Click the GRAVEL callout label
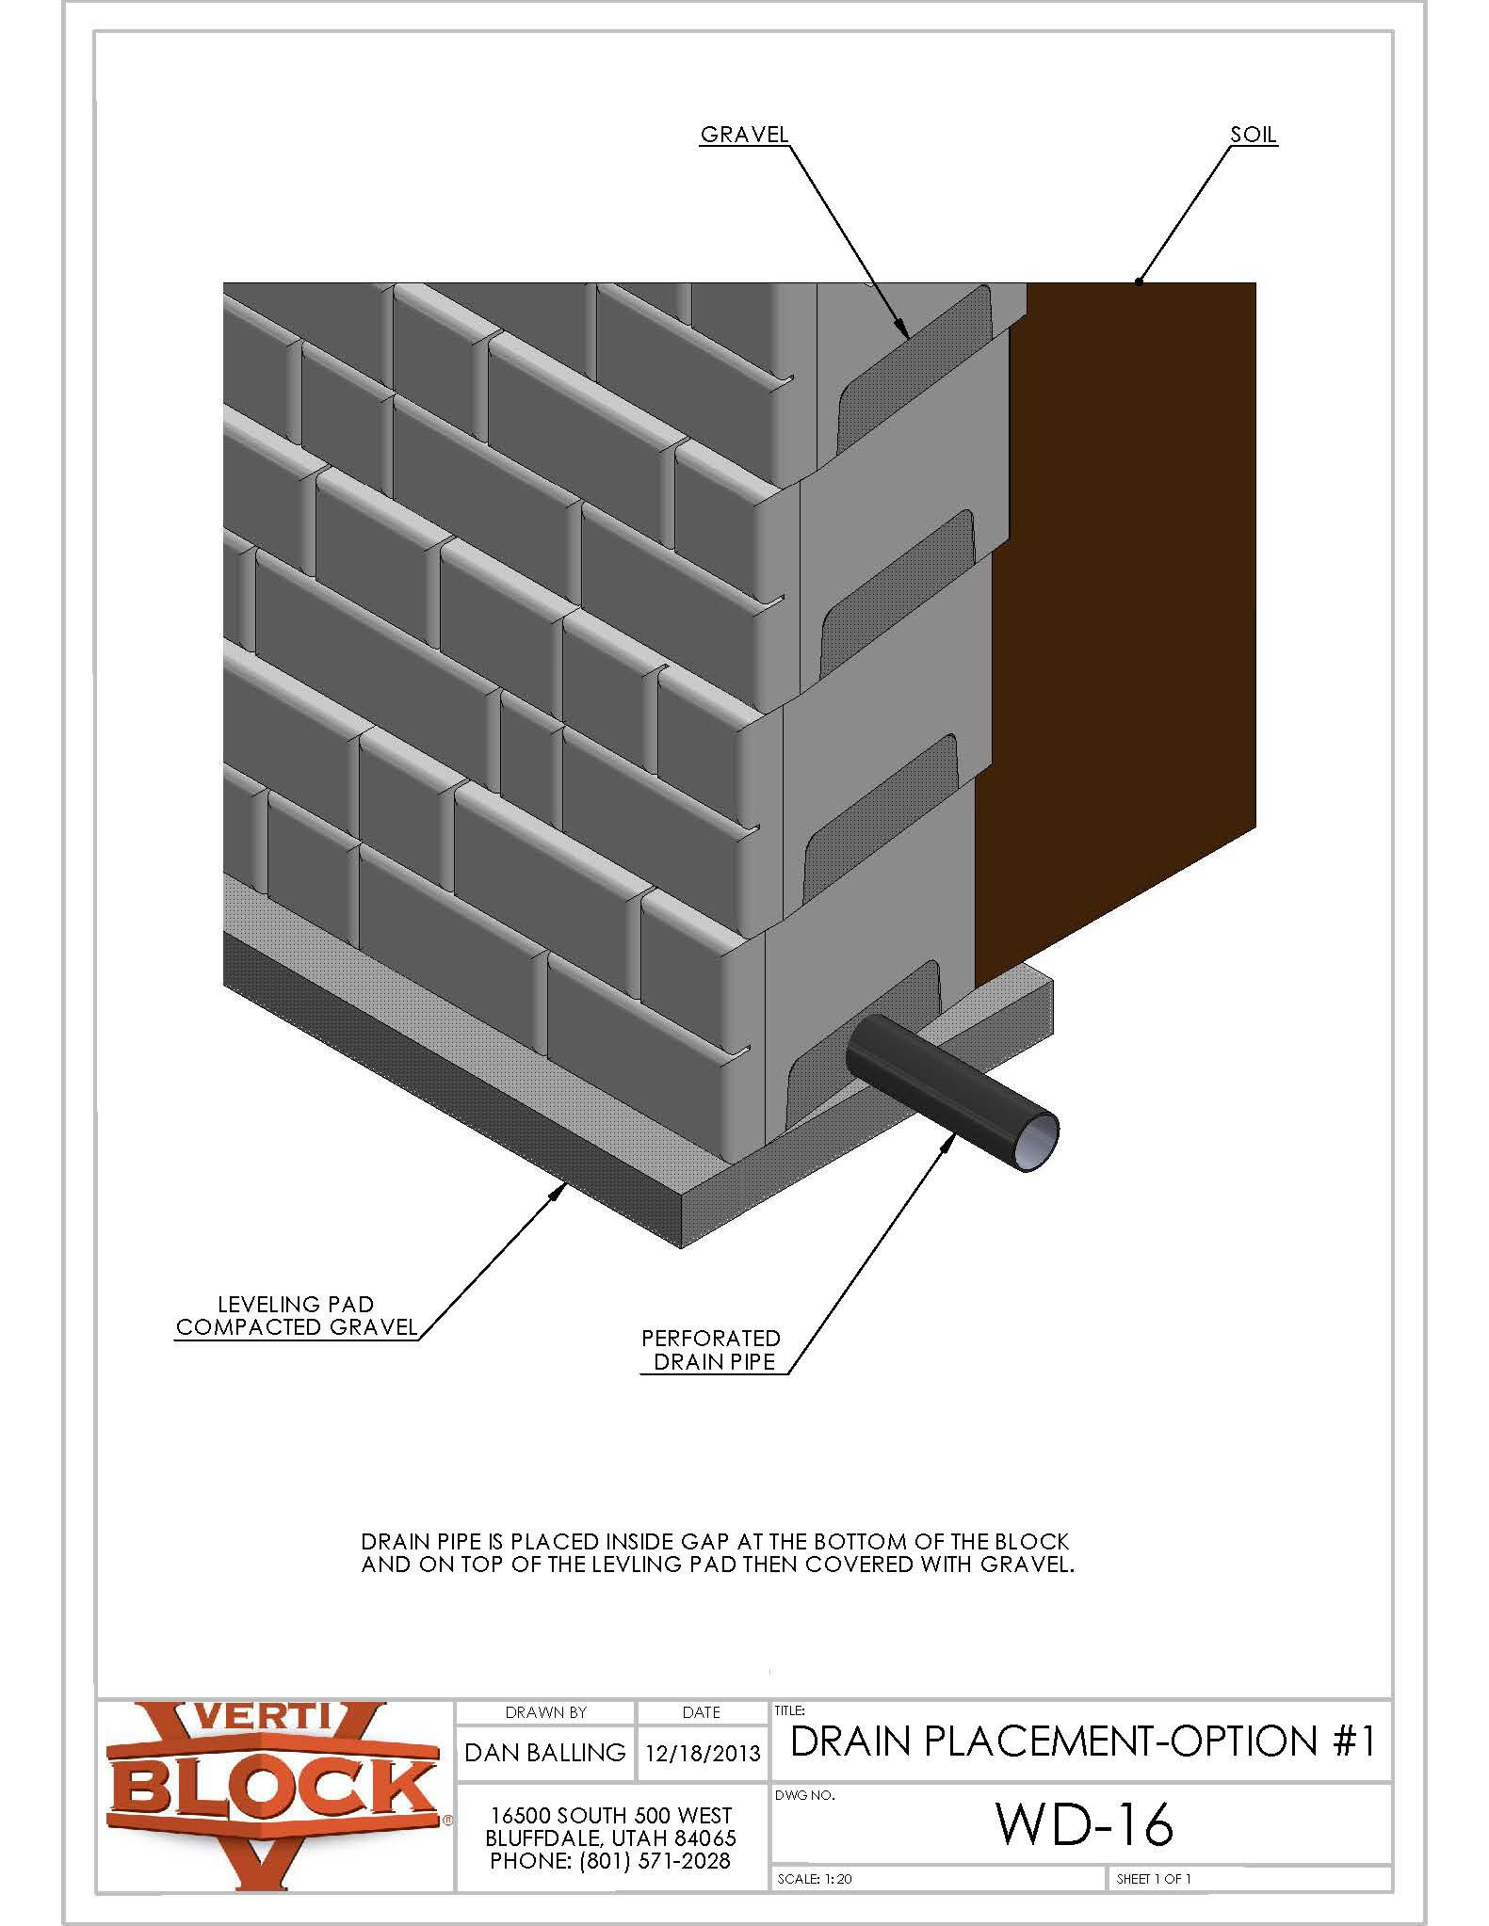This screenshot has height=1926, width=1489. click(744, 135)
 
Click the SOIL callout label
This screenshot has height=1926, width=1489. click(1253, 135)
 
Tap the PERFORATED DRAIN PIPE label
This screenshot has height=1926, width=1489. click(712, 1350)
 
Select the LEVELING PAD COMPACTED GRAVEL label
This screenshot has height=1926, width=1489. click(297, 1316)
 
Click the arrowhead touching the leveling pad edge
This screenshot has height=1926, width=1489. click(562, 1189)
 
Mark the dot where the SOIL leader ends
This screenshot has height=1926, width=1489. click(1140, 281)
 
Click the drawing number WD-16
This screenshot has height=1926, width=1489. click(1085, 1824)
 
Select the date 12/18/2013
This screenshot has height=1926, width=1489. click(702, 1753)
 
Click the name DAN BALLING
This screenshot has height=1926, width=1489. click(545, 1752)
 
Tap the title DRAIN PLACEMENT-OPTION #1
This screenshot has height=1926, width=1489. click(1083, 1741)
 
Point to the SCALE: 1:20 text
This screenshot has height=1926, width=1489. click(815, 1898)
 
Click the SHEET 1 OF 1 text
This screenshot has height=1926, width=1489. click(1154, 1898)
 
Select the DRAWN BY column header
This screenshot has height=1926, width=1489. click(545, 1712)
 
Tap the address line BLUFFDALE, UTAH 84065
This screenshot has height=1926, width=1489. click(610, 1838)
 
